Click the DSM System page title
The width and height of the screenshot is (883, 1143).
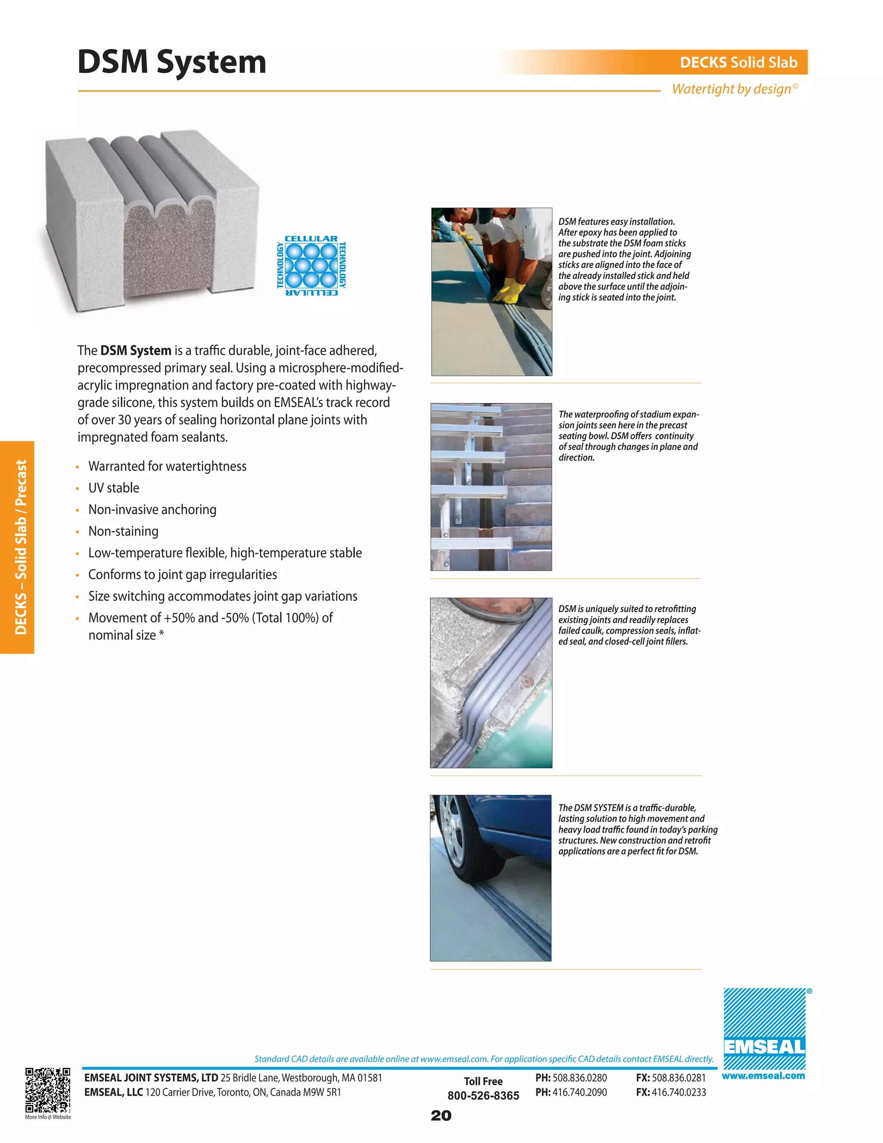pyautogui.click(x=172, y=62)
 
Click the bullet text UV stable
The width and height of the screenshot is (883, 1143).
pyautogui.click(x=113, y=488)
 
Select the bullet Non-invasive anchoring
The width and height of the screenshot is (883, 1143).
pyautogui.click(x=152, y=509)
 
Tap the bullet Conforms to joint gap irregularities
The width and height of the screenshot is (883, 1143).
pyautogui.click(x=182, y=574)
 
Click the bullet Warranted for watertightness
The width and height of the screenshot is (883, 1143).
pyautogui.click(x=167, y=466)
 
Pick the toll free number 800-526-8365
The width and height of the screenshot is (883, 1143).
pyautogui.click(x=483, y=1096)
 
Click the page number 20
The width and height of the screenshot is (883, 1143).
pyautogui.click(x=441, y=1116)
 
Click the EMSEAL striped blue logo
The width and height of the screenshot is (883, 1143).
pyautogui.click(x=764, y=1028)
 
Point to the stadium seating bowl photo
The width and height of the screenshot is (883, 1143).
pyautogui.click(x=491, y=486)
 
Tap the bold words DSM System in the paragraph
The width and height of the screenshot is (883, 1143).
pyautogui.click(x=135, y=351)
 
